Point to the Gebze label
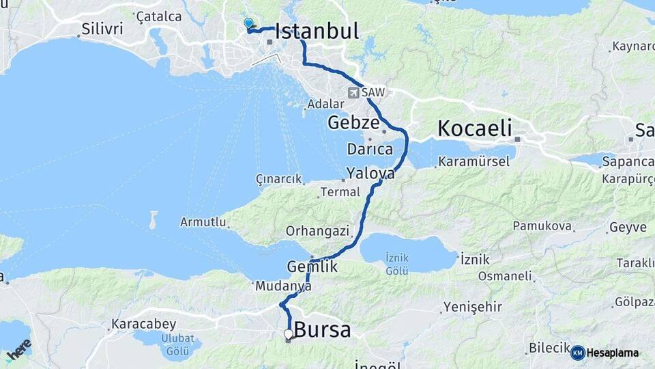pyautogui.click(x=353, y=123)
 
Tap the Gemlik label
pyautogui.click(x=312, y=267)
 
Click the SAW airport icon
pyautogui.click(x=353, y=92)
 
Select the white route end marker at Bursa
pyautogui.click(x=289, y=334)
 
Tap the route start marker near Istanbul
pyautogui.click(x=248, y=23)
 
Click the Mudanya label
pyautogui.click(x=283, y=287)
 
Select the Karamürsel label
pyautogui.click(x=474, y=162)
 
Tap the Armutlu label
pyautogui.click(x=203, y=222)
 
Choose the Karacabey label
pyautogui.click(x=143, y=323)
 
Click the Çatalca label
pyautogui.click(x=159, y=16)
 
